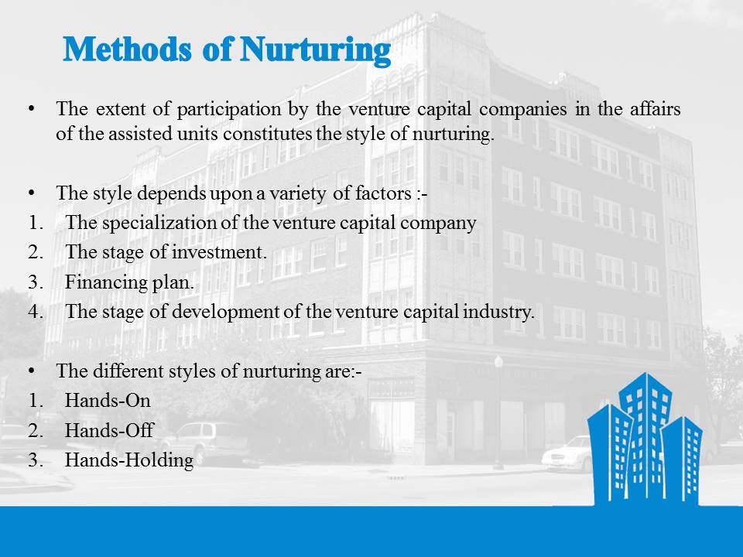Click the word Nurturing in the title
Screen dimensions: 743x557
click(x=316, y=50)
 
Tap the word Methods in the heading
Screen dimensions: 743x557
click(x=127, y=50)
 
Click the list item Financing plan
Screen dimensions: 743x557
click(x=129, y=282)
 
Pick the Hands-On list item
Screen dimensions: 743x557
click(x=108, y=401)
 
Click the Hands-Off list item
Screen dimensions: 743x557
click(x=109, y=430)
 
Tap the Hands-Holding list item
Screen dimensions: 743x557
click(x=129, y=460)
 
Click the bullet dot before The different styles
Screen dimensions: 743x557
click(x=32, y=371)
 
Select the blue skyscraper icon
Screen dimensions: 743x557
click(x=645, y=437)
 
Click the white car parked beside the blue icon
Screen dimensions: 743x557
click(x=567, y=455)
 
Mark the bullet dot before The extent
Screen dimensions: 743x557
click(x=32, y=109)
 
